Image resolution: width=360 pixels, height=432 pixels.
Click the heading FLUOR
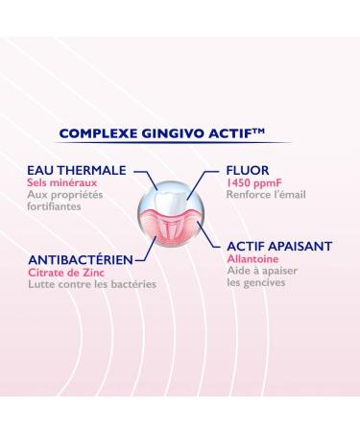point(248,170)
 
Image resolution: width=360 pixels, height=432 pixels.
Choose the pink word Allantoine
point(251,260)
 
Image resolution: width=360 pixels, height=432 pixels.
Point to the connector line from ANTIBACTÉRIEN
point(147,256)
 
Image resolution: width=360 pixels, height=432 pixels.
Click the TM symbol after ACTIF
point(281,130)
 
